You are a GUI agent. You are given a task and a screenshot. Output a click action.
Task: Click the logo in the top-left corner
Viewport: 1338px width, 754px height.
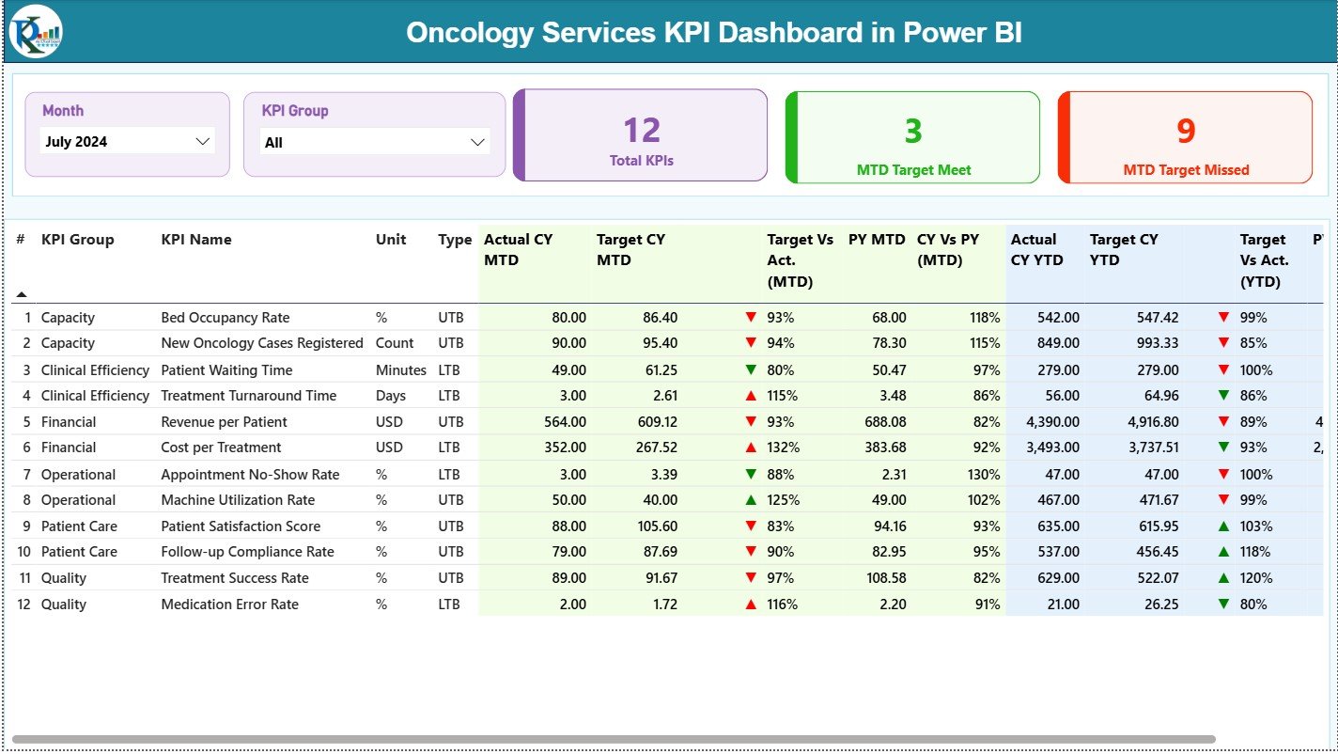36,31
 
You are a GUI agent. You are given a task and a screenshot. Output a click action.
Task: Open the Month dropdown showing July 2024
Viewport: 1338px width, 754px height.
128,141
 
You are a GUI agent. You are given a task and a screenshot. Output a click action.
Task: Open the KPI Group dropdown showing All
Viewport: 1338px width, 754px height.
374,142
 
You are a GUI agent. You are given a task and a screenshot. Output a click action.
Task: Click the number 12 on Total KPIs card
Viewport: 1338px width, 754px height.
642,130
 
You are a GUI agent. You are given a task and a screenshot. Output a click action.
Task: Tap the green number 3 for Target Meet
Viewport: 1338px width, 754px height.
913,131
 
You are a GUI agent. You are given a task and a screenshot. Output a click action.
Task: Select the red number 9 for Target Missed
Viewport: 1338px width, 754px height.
1186,131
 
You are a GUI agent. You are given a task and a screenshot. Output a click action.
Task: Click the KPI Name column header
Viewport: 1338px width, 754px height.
195,240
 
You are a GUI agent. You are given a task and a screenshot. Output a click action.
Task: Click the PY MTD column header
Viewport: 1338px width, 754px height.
876,240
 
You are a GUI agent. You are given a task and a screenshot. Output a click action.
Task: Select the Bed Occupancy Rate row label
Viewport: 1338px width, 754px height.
225,318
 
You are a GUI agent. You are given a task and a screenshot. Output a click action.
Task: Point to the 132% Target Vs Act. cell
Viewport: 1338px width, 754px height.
783,448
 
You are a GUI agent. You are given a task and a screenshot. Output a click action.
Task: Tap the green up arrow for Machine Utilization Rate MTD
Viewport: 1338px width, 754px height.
751,500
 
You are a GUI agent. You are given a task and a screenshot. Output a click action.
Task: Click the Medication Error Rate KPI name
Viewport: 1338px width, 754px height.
229,605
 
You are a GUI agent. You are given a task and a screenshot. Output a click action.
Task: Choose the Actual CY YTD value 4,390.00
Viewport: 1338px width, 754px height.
1046,422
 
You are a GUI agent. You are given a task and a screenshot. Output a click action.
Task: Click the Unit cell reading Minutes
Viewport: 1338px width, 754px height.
400,370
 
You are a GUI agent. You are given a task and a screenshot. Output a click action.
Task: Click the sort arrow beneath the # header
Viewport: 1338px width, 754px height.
21,294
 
